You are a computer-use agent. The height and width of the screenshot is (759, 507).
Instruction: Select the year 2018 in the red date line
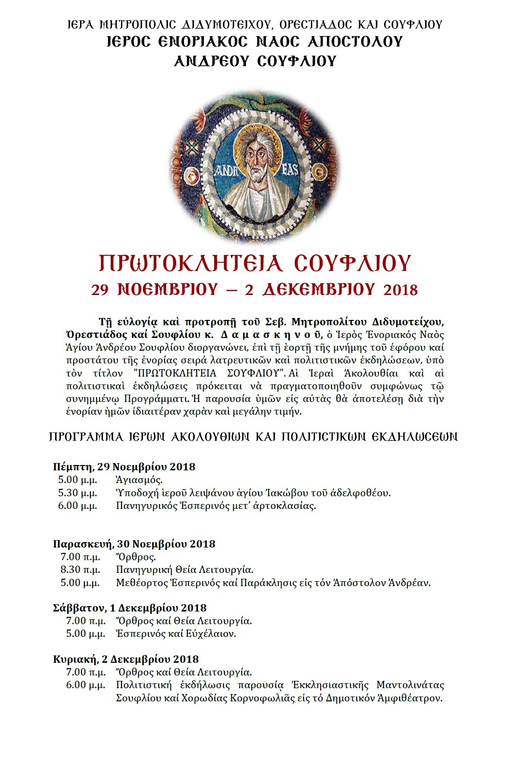click(x=401, y=290)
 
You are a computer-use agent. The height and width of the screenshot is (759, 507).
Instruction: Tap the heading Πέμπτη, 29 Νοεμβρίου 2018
click(x=124, y=466)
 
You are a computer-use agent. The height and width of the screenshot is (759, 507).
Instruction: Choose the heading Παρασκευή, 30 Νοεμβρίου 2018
click(x=134, y=544)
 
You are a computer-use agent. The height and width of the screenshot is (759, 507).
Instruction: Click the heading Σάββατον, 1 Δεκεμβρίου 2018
click(x=130, y=608)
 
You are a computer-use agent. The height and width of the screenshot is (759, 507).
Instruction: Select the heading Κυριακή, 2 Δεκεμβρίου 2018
click(x=126, y=659)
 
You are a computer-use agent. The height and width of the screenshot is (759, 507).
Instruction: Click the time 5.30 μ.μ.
click(x=78, y=493)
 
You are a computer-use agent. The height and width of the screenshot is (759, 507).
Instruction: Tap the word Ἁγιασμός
click(x=140, y=480)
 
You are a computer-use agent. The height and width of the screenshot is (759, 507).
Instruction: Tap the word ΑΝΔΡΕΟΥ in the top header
click(x=208, y=61)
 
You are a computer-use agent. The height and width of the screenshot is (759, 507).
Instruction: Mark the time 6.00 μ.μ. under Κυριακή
click(x=86, y=685)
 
